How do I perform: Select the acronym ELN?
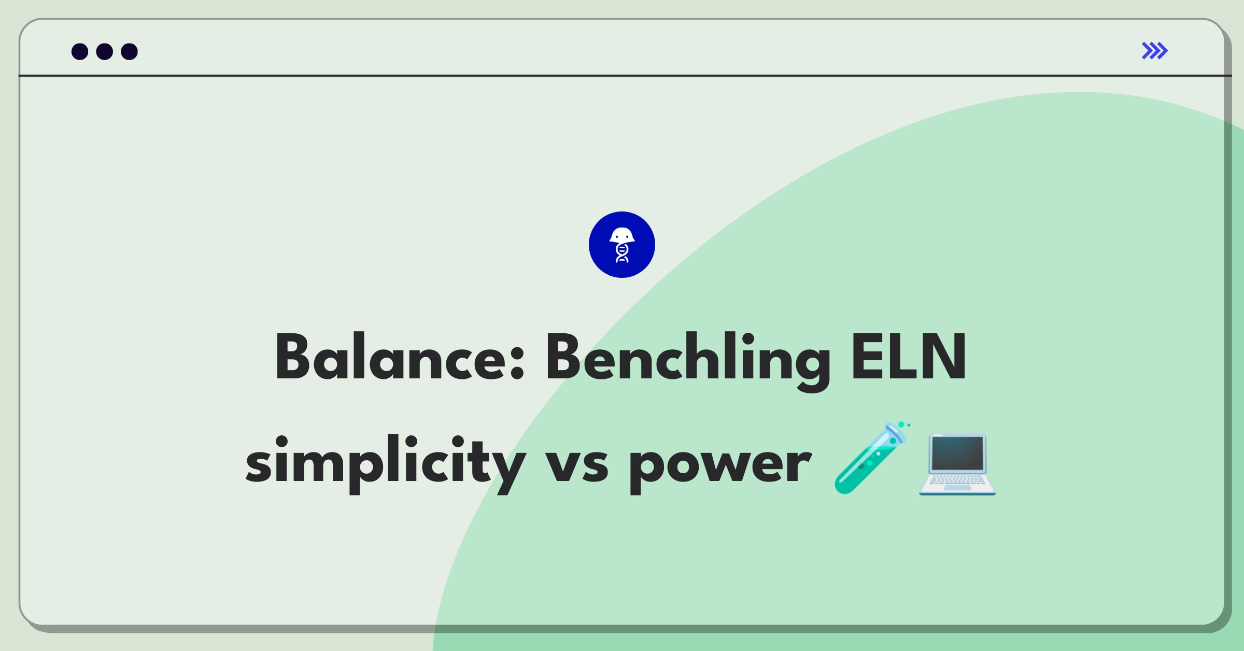click(909, 357)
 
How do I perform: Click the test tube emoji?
click(871, 458)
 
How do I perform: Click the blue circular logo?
click(622, 245)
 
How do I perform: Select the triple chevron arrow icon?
click(1155, 51)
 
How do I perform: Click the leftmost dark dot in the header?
click(80, 51)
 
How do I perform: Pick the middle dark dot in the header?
click(105, 51)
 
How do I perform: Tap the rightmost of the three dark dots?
click(130, 51)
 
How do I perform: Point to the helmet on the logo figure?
click(622, 235)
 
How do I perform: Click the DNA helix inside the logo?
click(622, 253)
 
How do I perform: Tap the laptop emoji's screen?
click(957, 453)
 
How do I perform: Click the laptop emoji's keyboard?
click(957, 482)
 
